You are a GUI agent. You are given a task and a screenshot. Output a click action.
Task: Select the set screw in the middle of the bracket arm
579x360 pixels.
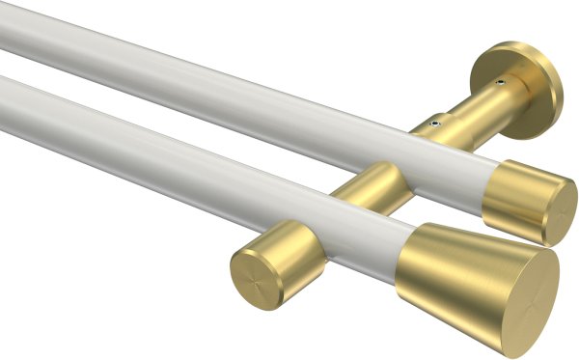(436, 124)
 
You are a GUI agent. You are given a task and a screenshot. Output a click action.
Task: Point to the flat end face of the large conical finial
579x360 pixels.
(522, 291)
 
